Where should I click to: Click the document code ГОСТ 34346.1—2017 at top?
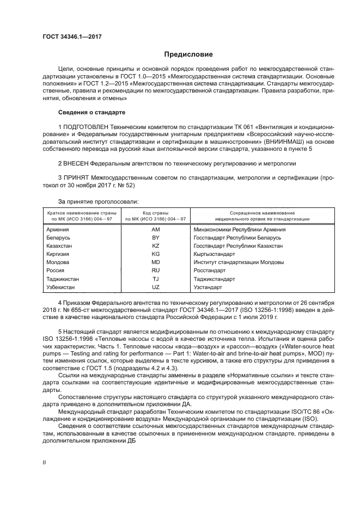72,36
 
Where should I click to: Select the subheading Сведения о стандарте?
91,112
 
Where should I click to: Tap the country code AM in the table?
156,230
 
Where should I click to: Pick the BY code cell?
156,238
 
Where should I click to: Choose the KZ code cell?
156,246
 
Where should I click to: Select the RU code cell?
156,270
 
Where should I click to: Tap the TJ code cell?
156,278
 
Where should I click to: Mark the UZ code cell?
156,286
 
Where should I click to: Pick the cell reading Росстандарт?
210,270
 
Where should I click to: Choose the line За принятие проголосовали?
90,200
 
